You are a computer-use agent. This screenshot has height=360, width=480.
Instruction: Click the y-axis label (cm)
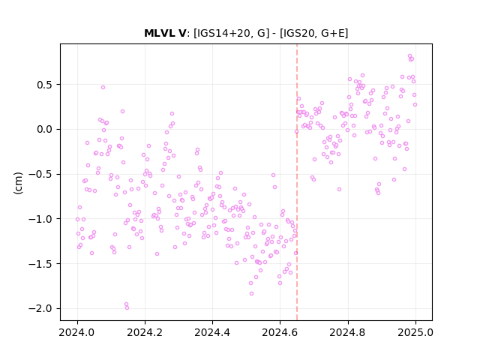click(x=18, y=183)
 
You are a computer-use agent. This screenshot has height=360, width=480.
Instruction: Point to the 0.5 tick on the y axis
click(x=44, y=85)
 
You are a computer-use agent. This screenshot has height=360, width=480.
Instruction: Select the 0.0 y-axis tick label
click(x=44, y=130)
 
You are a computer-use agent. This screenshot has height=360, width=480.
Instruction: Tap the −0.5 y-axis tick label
click(x=40, y=174)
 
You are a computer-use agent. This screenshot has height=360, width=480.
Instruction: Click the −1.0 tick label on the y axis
click(x=40, y=219)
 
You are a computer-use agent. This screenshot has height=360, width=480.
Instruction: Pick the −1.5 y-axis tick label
click(x=40, y=263)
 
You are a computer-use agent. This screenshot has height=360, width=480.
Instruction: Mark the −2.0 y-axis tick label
click(x=40, y=308)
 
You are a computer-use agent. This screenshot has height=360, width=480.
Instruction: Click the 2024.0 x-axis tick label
click(x=77, y=332)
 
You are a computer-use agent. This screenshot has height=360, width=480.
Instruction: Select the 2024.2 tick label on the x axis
click(x=145, y=332)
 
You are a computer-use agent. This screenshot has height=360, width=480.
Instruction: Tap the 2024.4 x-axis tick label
click(x=212, y=332)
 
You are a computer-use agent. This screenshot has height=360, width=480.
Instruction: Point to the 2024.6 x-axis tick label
click(x=280, y=332)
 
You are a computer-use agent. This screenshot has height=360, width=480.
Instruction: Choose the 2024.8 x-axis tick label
click(x=347, y=332)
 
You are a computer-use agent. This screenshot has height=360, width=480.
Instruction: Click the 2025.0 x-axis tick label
click(x=415, y=332)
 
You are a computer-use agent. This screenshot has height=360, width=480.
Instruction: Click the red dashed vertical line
click(x=297, y=182)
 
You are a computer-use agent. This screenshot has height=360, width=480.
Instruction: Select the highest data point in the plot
click(x=410, y=56)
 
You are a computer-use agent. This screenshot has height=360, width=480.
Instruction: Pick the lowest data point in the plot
click(x=127, y=308)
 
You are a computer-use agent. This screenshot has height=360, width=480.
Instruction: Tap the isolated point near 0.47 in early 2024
click(x=103, y=87)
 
